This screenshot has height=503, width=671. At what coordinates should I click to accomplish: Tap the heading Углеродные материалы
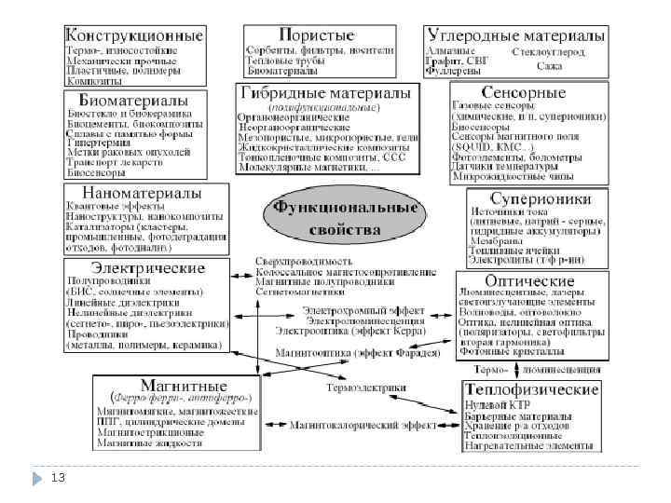coord(515,34)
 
